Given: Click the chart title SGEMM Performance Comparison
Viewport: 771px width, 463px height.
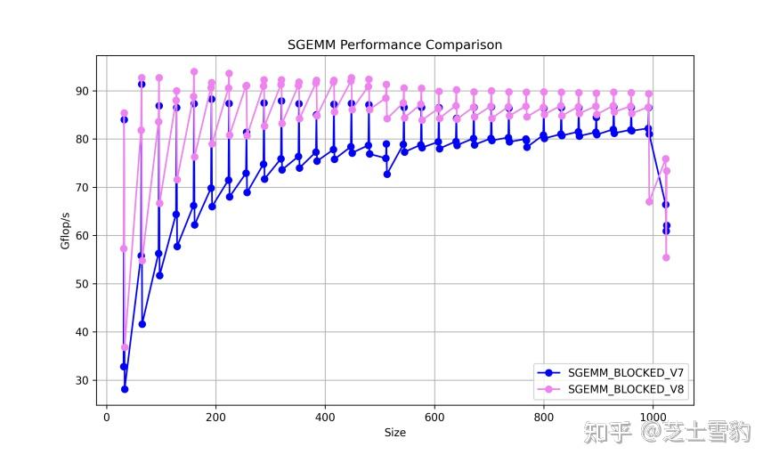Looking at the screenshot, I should click(x=394, y=45).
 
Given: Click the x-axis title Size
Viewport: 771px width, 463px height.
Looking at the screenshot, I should click(x=394, y=433).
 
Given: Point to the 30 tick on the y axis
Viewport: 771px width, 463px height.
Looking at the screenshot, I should click(x=83, y=380).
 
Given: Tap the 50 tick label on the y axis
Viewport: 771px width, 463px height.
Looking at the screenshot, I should click(x=83, y=284).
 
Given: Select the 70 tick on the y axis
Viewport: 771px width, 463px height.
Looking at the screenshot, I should click(x=83, y=188).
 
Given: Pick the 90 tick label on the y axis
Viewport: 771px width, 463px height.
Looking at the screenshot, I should click(x=83, y=91).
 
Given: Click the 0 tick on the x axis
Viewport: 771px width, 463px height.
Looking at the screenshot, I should click(x=107, y=416).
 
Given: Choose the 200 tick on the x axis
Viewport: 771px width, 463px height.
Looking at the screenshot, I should click(x=215, y=416).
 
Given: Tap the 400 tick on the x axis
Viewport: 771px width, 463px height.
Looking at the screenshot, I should click(x=325, y=416).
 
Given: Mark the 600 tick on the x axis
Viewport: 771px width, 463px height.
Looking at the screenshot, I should click(x=434, y=416).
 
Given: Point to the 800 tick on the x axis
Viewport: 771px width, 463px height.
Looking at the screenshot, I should click(x=543, y=416).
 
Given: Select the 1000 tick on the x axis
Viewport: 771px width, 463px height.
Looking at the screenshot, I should click(x=653, y=416).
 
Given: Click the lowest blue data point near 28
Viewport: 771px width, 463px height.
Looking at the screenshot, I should click(x=125, y=389).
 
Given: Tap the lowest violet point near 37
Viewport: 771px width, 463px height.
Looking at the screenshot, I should click(x=125, y=347).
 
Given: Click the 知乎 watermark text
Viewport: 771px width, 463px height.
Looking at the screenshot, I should click(x=608, y=433).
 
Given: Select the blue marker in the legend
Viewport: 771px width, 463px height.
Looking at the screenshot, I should click(x=549, y=372).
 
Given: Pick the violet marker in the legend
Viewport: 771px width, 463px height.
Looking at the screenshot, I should click(x=549, y=389).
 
